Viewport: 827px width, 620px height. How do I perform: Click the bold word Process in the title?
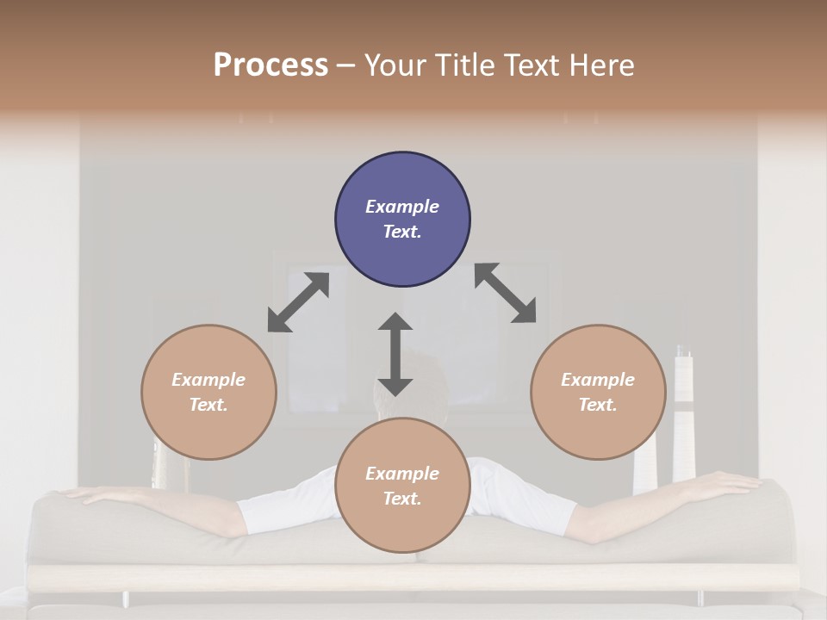[x=270, y=65]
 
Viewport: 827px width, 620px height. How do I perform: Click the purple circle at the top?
[x=402, y=220]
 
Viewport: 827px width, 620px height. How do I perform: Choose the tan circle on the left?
[x=208, y=392]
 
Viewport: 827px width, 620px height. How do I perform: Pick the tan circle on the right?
[x=598, y=392]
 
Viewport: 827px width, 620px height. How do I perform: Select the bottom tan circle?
[x=402, y=486]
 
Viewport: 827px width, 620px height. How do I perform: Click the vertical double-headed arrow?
[x=395, y=355]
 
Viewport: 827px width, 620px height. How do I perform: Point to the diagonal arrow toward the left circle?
[x=298, y=302]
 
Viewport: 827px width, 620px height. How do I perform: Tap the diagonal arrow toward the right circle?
[x=505, y=294]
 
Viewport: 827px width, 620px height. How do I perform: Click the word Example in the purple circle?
[x=402, y=207]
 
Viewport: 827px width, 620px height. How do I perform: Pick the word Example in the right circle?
[x=598, y=380]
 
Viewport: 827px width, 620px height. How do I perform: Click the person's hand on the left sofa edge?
[x=90, y=495]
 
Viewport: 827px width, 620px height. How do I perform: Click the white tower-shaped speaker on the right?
[x=684, y=413]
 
